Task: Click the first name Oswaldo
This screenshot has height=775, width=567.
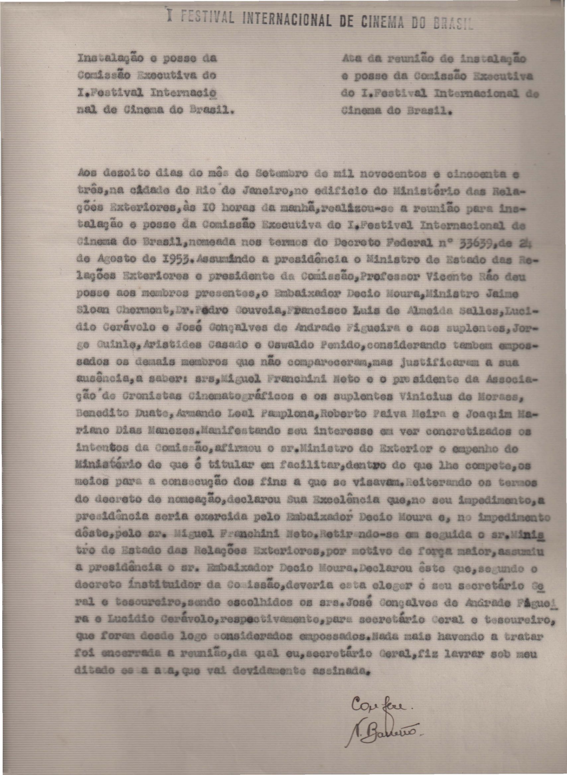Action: [x=290, y=345]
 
